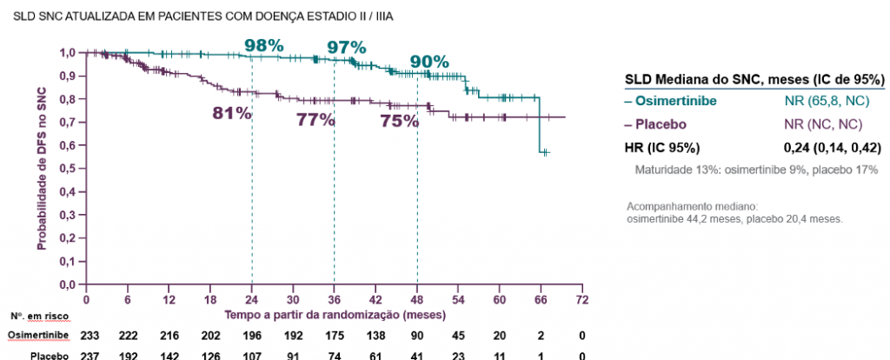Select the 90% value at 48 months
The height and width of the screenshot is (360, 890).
(x=429, y=62)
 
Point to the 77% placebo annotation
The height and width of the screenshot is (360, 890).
(x=315, y=121)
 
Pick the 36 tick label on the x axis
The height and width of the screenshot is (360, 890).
(x=335, y=300)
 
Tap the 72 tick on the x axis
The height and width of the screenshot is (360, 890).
(x=582, y=300)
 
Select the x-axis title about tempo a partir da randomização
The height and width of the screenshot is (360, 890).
(x=335, y=314)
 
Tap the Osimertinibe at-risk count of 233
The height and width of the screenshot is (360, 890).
(x=89, y=335)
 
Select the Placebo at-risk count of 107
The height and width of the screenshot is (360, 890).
(x=252, y=355)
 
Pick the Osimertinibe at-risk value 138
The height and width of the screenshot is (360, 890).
(x=376, y=335)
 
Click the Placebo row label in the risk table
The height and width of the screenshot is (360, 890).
(x=49, y=355)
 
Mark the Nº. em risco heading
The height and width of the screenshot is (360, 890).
(x=36, y=316)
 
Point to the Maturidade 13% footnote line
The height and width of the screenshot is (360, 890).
(x=756, y=169)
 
